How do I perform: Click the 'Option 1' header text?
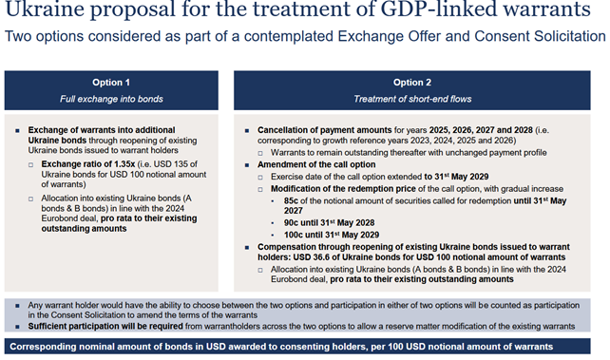111,83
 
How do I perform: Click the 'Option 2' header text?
412,83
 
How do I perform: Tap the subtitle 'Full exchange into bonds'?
111,99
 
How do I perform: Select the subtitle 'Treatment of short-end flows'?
412,99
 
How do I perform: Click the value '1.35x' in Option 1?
124,164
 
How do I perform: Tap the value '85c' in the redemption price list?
291,201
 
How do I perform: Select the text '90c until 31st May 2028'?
329,223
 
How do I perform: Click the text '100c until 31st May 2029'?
332,235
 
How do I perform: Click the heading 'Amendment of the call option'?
316,165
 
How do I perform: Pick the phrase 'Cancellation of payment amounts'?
324,130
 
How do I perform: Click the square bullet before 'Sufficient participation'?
17,327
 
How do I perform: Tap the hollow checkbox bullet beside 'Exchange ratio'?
30,165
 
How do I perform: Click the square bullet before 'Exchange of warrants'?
17,131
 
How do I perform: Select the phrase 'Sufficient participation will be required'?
105,326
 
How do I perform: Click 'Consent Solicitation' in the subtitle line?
540,36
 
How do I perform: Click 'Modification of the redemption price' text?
343,189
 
